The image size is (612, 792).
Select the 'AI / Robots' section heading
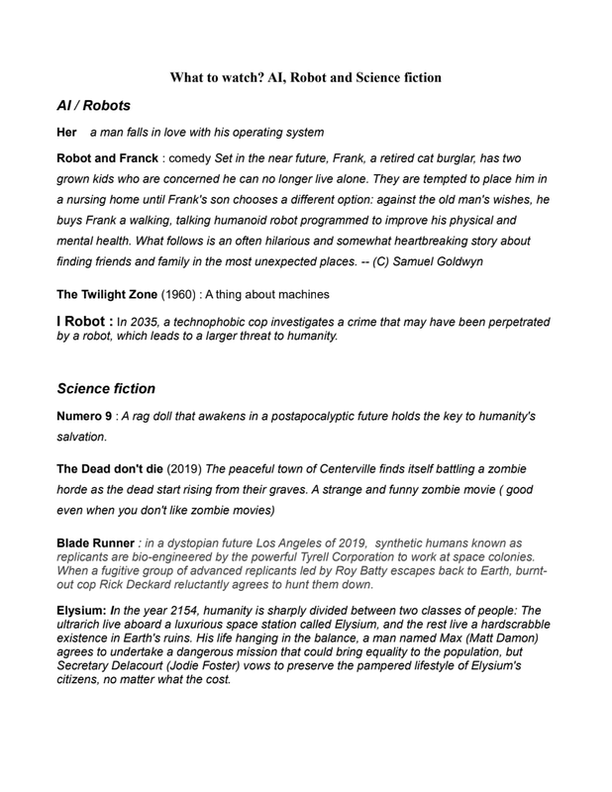(x=93, y=106)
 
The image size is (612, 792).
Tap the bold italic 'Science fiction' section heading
(x=106, y=389)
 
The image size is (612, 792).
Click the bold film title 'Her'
(x=66, y=133)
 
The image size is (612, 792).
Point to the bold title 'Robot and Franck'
(x=107, y=158)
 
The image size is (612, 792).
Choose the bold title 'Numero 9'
(x=83, y=417)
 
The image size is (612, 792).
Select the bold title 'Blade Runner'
(x=95, y=544)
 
